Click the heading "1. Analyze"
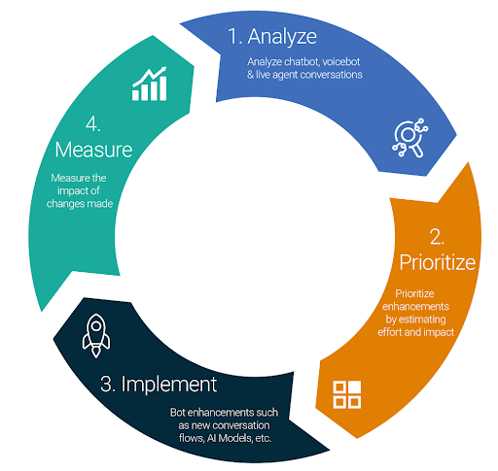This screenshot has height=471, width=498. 272,37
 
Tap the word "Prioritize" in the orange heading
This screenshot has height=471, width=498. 438,262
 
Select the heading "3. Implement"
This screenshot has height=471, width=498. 159,385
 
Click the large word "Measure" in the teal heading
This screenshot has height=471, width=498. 93,150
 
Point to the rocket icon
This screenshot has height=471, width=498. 96,336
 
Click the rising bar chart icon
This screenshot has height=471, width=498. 150,84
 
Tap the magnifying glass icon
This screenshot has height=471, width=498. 410,138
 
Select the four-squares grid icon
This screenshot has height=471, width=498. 347,394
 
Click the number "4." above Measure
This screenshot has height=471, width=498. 93,124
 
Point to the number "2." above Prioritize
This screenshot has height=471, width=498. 437,237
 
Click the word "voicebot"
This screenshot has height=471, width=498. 341,61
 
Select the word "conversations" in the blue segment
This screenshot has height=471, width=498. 331,75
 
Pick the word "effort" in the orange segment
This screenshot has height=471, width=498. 389,332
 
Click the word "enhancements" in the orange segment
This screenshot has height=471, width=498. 415,307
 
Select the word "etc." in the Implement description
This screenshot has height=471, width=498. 264,438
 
